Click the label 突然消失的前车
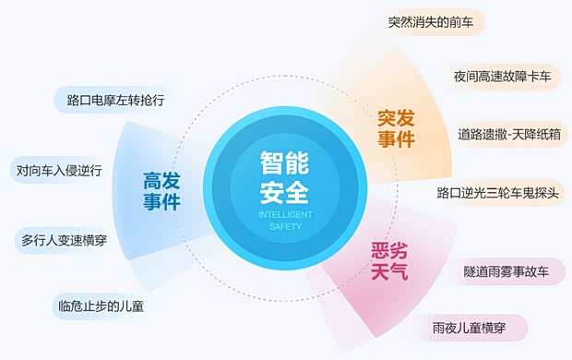point(431,22)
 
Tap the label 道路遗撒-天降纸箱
point(509,134)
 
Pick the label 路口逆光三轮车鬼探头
point(500,193)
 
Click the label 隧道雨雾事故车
point(506,272)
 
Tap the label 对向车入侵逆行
point(59,170)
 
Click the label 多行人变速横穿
point(65,240)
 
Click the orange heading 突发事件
point(397,129)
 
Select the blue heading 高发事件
point(161,190)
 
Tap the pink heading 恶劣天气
point(388,261)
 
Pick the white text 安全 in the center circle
point(284,192)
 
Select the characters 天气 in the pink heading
point(388,272)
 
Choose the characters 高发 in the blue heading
point(161,179)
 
